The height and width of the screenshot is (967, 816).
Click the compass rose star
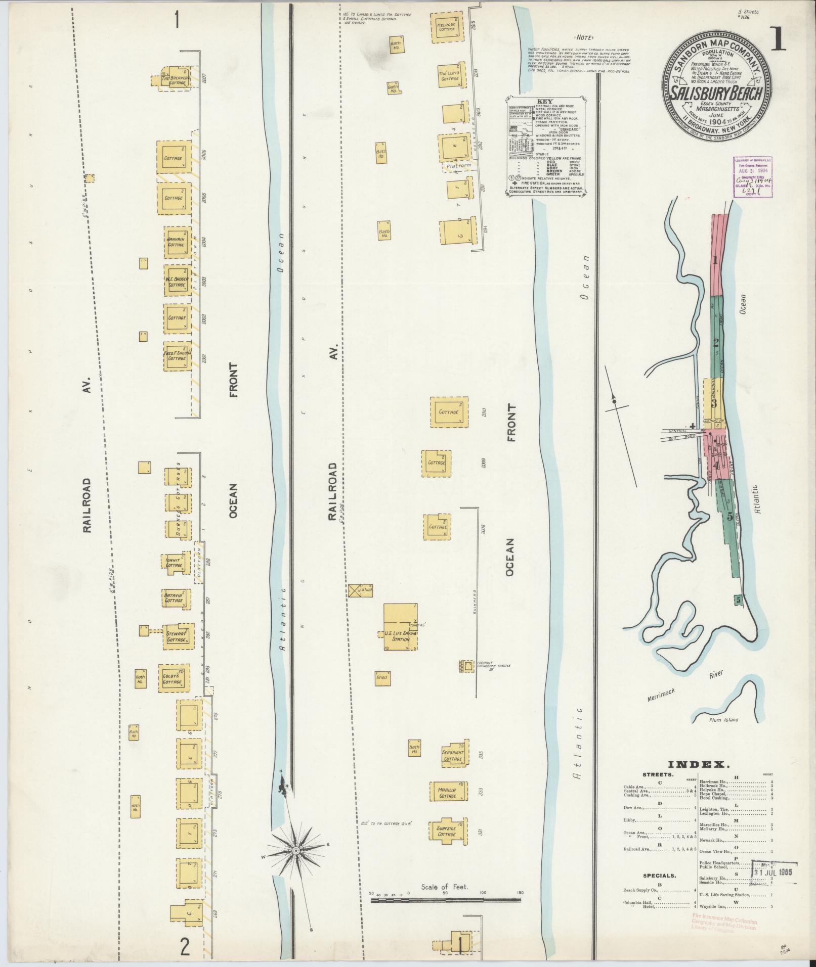(x=296, y=851)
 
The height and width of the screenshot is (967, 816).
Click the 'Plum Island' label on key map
(x=723, y=720)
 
